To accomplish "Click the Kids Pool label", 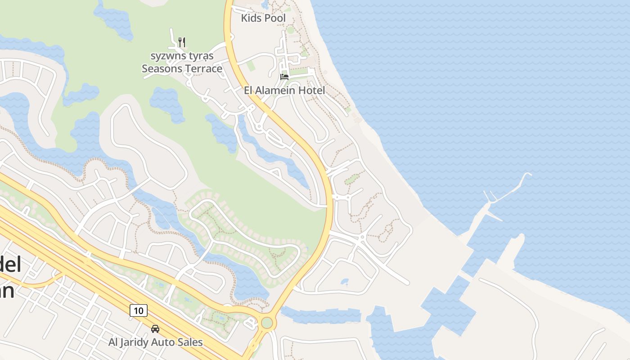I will [x=263, y=18].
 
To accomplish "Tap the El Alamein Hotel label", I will [x=284, y=90].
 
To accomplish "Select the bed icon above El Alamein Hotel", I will [x=284, y=76].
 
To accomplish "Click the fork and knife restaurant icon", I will [x=182, y=42].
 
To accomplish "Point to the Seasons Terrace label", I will [x=182, y=68].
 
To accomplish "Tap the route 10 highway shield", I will [x=139, y=310].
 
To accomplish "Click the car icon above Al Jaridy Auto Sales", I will [x=155, y=329].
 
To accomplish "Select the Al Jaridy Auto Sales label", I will [x=155, y=342].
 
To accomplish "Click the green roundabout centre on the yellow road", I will [x=267, y=323].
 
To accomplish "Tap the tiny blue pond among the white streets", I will [x=344, y=282].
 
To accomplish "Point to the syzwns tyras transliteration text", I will [x=182, y=56].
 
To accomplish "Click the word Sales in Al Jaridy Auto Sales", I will [x=190, y=342].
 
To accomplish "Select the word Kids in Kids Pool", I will [x=251, y=18].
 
